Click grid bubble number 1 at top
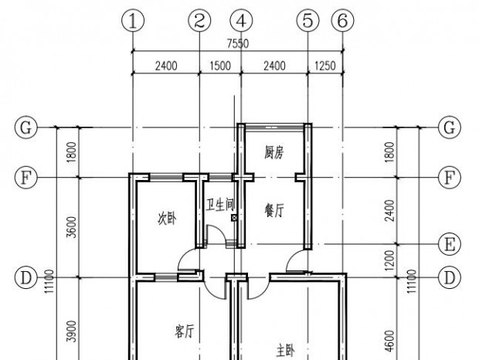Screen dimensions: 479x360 pos(133,21)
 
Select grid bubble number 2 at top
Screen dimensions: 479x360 pos(199,21)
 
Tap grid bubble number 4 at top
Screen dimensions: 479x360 pos(241,21)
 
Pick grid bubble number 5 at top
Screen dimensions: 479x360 pos(307,21)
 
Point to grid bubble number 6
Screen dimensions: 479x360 pos(343,21)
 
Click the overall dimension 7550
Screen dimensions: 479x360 pos(238,44)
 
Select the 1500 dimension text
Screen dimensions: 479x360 pos(220,66)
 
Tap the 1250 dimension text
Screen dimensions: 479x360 pos(325,66)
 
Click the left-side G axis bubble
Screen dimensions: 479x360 pos(26,127)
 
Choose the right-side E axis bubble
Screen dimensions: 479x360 pos(450,244)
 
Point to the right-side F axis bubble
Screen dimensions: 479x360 pos(450,177)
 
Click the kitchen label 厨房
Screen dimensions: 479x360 pos(274,152)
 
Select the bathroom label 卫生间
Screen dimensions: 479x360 pos(220,205)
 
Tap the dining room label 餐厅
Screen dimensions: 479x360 pos(274,211)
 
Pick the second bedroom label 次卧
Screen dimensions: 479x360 pos(167,219)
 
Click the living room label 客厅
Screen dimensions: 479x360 pos(185,331)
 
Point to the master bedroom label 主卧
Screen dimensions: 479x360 pos(286,351)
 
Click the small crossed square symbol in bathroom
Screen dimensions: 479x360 pos(234,218)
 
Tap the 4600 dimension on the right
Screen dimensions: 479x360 pos(390,341)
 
